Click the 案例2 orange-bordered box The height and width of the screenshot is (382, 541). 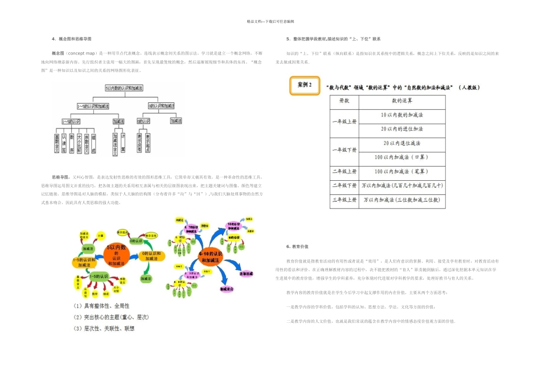point(305,85)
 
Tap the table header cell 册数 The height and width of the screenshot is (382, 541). point(344,100)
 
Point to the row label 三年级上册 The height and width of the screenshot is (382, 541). point(344,200)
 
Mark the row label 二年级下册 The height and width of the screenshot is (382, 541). point(344,186)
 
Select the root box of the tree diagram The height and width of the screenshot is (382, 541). point(124,89)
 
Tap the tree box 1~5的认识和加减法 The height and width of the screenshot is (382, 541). point(93,106)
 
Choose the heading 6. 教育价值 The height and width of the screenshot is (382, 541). point(297,247)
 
